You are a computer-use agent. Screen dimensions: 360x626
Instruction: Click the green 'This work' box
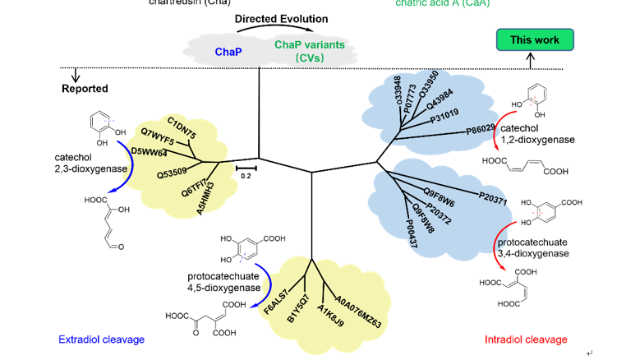pyautogui.click(x=535, y=39)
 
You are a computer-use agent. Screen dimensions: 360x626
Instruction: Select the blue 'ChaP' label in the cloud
pyautogui.click(x=228, y=52)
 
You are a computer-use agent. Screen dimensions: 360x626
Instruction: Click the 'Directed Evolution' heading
pyautogui.click(x=281, y=19)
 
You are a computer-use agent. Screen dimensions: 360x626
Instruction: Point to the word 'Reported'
pyautogui.click(x=85, y=89)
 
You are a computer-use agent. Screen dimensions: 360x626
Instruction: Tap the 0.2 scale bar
pyautogui.click(x=246, y=168)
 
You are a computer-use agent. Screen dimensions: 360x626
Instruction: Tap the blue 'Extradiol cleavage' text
pyautogui.click(x=101, y=339)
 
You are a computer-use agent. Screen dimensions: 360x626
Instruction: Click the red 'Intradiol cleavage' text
pyautogui.click(x=527, y=339)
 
